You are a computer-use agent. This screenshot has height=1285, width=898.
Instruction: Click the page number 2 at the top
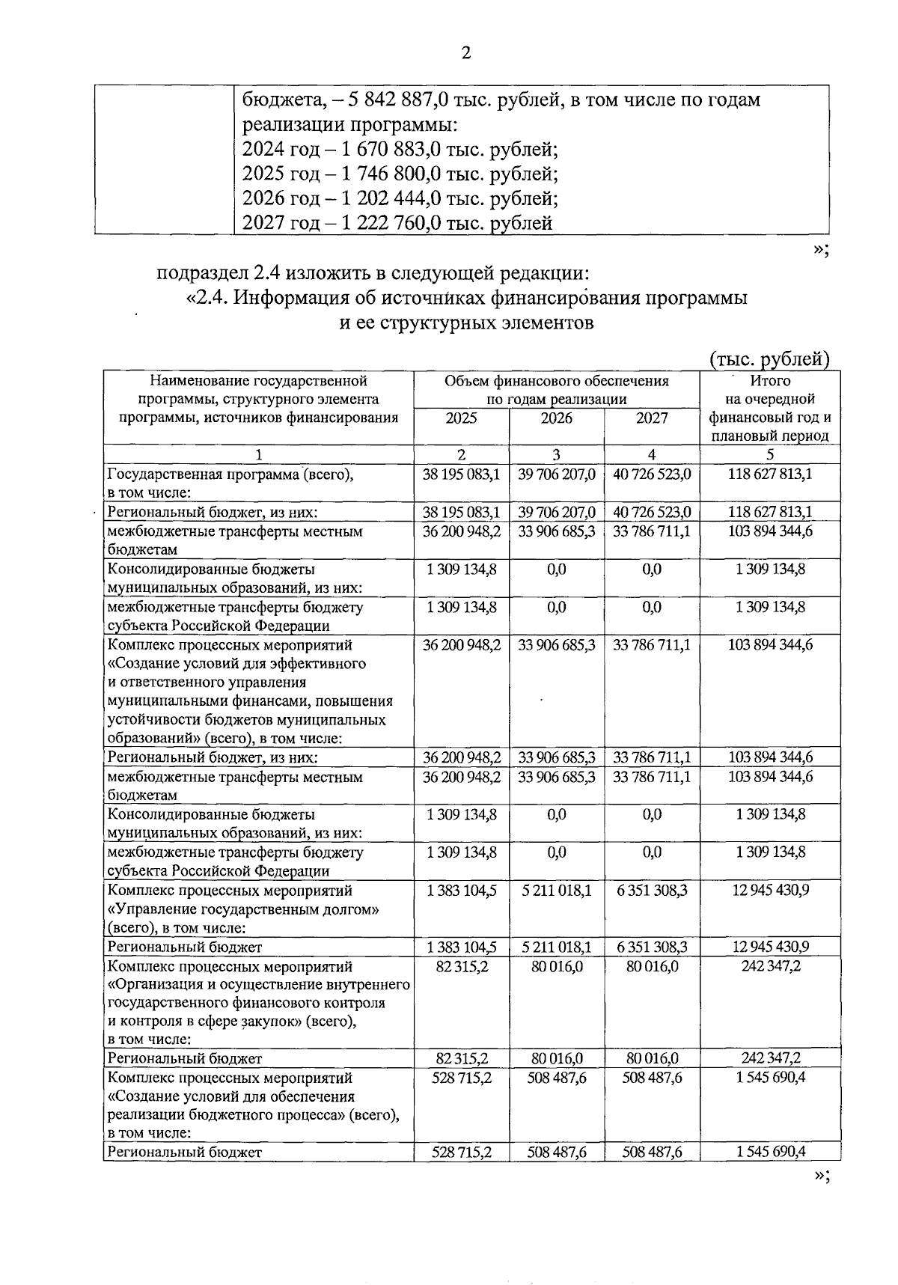coord(465,53)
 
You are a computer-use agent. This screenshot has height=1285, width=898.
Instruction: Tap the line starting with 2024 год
coord(400,149)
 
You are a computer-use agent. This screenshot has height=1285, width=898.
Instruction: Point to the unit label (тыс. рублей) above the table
coord(769,359)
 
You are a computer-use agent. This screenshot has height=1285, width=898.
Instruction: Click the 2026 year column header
coord(556,418)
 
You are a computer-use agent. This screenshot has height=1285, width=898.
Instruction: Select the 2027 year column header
coord(652,418)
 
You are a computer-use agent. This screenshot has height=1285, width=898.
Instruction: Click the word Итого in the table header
coord(770,381)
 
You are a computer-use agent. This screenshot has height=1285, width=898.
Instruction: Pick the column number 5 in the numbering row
coord(770,454)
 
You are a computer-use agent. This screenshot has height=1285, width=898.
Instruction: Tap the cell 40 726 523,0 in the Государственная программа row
coord(652,474)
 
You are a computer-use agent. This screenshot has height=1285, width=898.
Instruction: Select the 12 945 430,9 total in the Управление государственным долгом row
coord(770,890)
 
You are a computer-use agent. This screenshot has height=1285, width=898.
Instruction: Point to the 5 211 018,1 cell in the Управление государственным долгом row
coord(556,890)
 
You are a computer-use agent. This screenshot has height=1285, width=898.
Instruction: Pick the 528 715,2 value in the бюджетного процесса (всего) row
coord(461,1078)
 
